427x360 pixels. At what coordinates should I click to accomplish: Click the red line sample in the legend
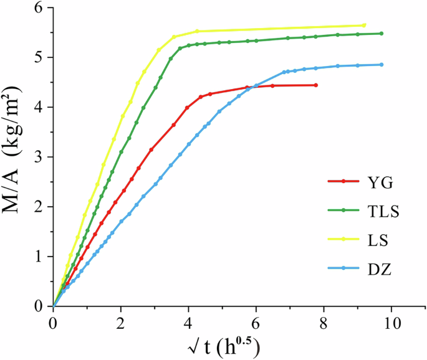343,181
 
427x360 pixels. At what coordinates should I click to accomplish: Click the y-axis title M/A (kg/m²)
17,157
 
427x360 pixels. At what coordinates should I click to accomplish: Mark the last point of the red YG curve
316,85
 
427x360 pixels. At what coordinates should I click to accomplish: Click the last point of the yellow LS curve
365,25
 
